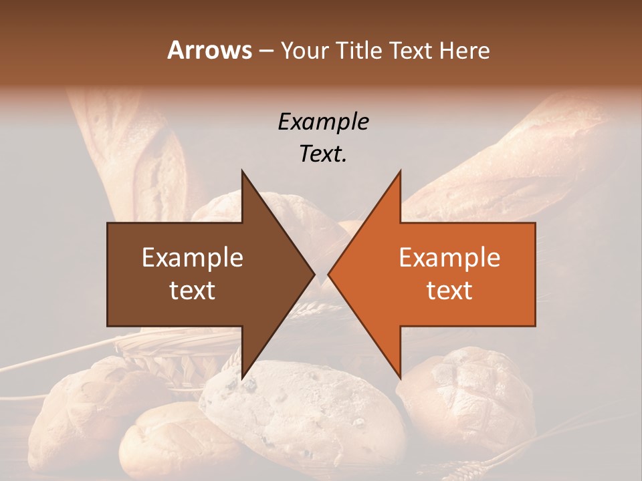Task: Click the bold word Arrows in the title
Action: coord(209,50)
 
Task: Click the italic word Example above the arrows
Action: coord(323,122)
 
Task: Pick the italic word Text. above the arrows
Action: coord(323,154)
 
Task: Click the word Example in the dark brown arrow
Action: coord(193,257)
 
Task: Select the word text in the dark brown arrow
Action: coord(193,290)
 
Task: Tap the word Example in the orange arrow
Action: coord(449,257)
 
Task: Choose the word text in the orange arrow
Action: coord(449,290)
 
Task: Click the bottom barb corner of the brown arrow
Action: coord(242,377)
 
